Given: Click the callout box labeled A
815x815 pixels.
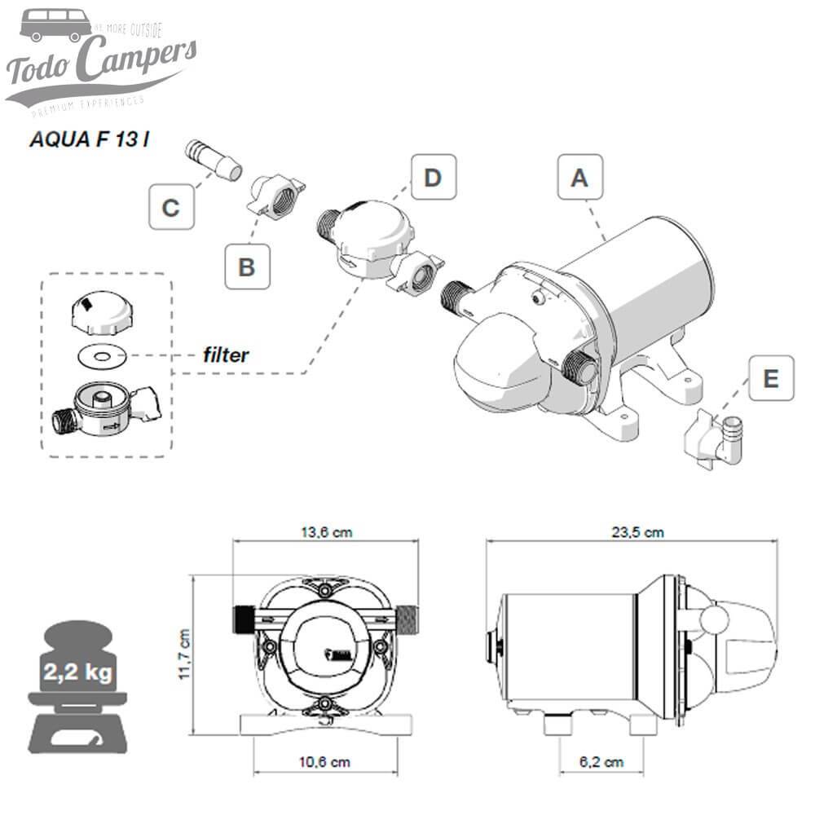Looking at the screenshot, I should (579, 177).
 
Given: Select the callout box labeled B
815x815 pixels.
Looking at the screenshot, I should (247, 267).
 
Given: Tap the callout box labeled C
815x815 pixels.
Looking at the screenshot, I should (171, 207).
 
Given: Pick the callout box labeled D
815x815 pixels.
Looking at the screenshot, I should (434, 177).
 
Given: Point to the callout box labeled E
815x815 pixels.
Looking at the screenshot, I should (771, 378).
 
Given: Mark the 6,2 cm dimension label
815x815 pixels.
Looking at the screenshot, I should (602, 763).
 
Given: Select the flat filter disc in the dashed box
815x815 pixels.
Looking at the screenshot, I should (106, 355).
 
